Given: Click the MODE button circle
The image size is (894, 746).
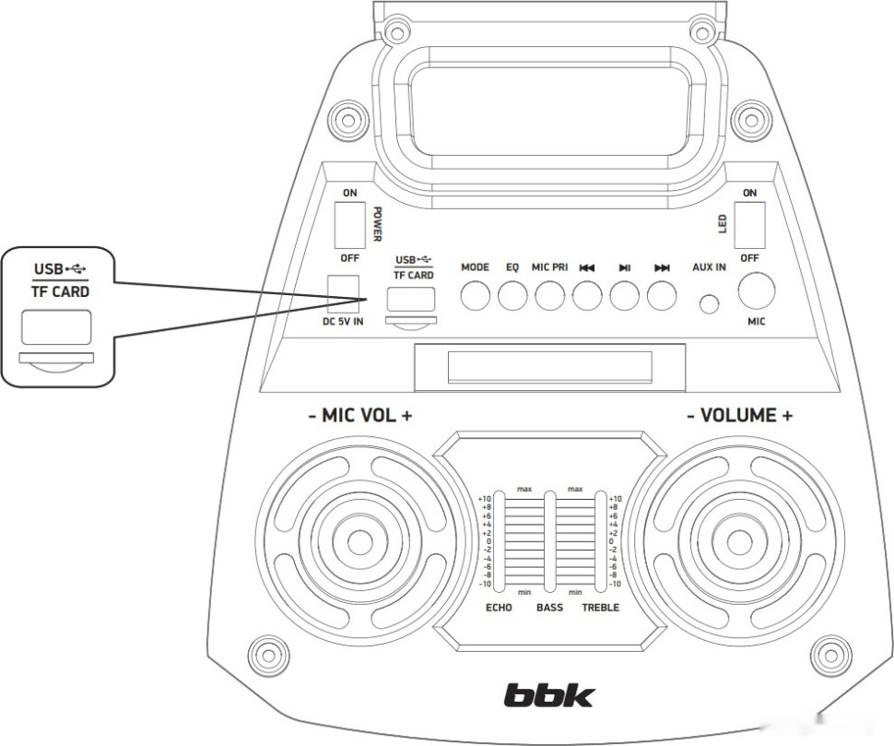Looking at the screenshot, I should pyautogui.click(x=476, y=295).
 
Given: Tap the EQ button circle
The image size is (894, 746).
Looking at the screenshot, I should pyautogui.click(x=512, y=295).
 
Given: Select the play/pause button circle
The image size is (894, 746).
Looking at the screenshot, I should pyautogui.click(x=624, y=295).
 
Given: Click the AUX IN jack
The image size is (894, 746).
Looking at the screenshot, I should pyautogui.click(x=709, y=303).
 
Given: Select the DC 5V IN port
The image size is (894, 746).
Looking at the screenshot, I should pyautogui.click(x=344, y=292).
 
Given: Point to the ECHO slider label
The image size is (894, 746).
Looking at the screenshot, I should pyautogui.click(x=499, y=608).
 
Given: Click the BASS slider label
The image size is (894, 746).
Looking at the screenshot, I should pyautogui.click(x=549, y=608).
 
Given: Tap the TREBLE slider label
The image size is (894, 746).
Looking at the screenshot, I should pyautogui.click(x=600, y=608).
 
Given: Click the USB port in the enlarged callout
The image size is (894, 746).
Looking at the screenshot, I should pyautogui.click(x=56, y=327).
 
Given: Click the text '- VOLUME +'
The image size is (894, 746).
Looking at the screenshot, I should pyautogui.click(x=739, y=416).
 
